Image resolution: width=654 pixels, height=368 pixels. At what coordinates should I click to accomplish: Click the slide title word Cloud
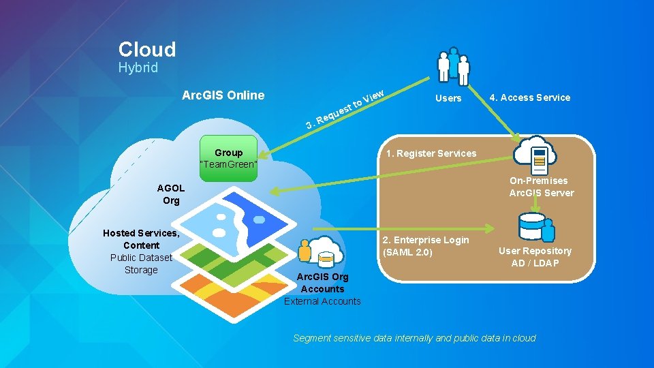click(147, 49)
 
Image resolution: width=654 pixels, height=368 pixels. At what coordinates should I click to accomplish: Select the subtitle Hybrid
click(138, 67)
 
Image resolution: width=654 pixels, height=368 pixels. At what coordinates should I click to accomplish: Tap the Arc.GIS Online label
click(223, 95)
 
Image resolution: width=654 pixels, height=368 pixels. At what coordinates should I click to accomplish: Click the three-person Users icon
click(453, 66)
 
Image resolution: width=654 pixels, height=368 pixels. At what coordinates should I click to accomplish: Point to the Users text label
click(448, 98)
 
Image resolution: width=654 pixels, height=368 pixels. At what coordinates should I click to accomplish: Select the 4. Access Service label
click(529, 97)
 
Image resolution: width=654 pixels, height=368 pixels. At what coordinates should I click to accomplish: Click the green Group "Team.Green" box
click(228, 159)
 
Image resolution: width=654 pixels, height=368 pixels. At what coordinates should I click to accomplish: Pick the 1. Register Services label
click(431, 153)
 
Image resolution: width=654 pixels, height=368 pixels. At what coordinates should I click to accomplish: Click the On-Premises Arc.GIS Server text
click(542, 187)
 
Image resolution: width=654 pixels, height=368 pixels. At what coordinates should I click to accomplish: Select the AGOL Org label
click(170, 194)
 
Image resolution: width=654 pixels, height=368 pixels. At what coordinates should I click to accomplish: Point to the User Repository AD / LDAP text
click(535, 257)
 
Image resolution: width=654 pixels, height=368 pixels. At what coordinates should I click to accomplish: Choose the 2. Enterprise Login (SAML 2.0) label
click(426, 246)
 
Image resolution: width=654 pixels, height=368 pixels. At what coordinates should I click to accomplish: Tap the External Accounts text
click(322, 301)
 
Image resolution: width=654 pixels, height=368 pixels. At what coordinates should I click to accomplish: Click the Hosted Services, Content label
click(141, 239)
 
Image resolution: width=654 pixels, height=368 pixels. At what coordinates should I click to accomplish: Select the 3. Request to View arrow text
click(346, 109)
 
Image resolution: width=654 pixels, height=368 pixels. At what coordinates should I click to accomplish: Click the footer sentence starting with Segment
click(414, 338)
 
